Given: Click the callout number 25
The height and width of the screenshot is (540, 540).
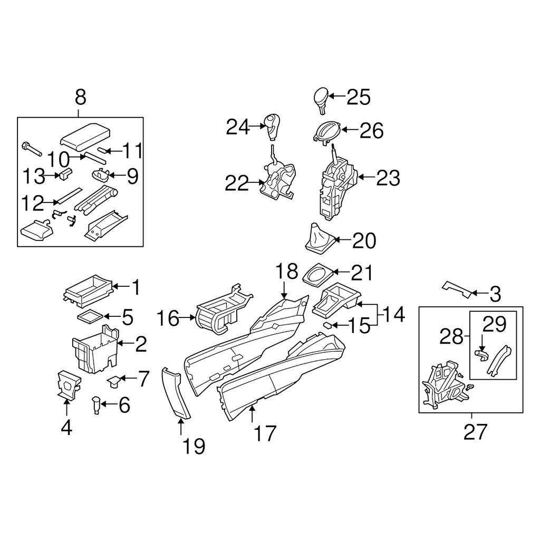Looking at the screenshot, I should click(359, 97).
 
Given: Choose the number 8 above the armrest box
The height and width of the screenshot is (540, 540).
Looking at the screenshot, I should click(80, 98).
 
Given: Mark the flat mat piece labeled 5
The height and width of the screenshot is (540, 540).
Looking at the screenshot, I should click(89, 317).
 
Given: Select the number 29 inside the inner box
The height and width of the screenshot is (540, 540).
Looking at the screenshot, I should click(494, 324).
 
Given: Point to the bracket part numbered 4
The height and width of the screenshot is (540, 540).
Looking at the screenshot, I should click(67, 384).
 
